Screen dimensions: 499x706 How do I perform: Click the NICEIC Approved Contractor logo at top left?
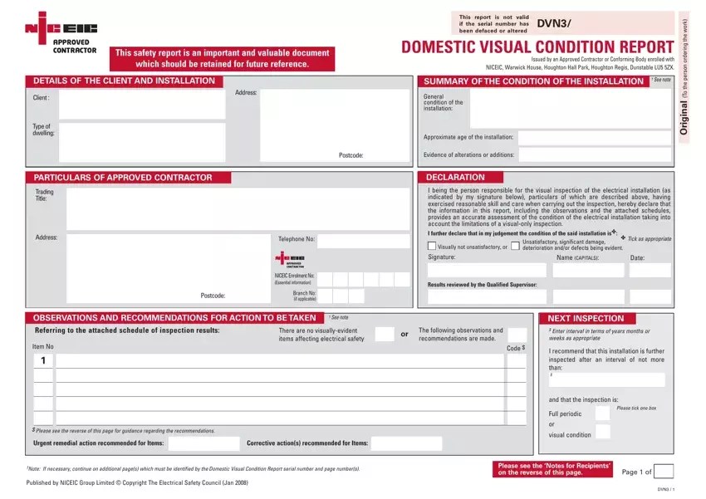(61, 33)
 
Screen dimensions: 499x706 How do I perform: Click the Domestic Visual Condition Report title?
(537, 47)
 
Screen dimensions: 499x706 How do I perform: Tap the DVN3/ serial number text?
(553, 23)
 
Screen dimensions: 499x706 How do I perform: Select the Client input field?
(141, 105)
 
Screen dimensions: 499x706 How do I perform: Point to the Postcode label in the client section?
(351, 155)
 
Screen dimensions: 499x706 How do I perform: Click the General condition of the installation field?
(570, 108)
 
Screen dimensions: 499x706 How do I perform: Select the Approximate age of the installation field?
(593, 137)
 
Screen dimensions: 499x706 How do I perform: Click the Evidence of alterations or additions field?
(593, 155)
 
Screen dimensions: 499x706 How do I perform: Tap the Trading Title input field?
(238, 208)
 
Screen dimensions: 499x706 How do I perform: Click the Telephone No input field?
(363, 242)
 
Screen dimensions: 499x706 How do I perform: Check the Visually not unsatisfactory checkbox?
(431, 247)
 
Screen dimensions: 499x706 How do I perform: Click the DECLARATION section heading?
(456, 177)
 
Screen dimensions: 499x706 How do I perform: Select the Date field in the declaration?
(650, 270)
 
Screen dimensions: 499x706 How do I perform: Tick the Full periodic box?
(602, 413)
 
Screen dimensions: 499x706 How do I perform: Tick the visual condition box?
(602, 432)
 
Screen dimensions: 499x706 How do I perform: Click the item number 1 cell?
(43, 361)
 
